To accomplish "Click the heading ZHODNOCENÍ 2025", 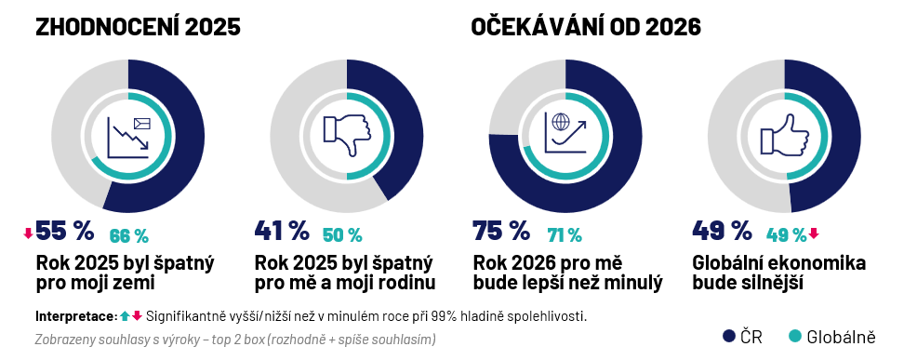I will [138, 28].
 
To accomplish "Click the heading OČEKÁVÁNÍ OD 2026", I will [586, 28].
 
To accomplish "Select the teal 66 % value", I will [129, 235].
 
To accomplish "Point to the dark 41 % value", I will [281, 230].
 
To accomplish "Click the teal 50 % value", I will [342, 235].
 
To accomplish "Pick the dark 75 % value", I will [500, 230].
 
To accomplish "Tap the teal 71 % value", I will [564, 235].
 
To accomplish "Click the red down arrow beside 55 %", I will [28, 233].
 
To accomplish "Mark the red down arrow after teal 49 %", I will [814, 233].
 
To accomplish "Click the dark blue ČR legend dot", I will [729, 336].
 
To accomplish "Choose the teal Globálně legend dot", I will [794, 336].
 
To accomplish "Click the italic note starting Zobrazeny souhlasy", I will [234, 339].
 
